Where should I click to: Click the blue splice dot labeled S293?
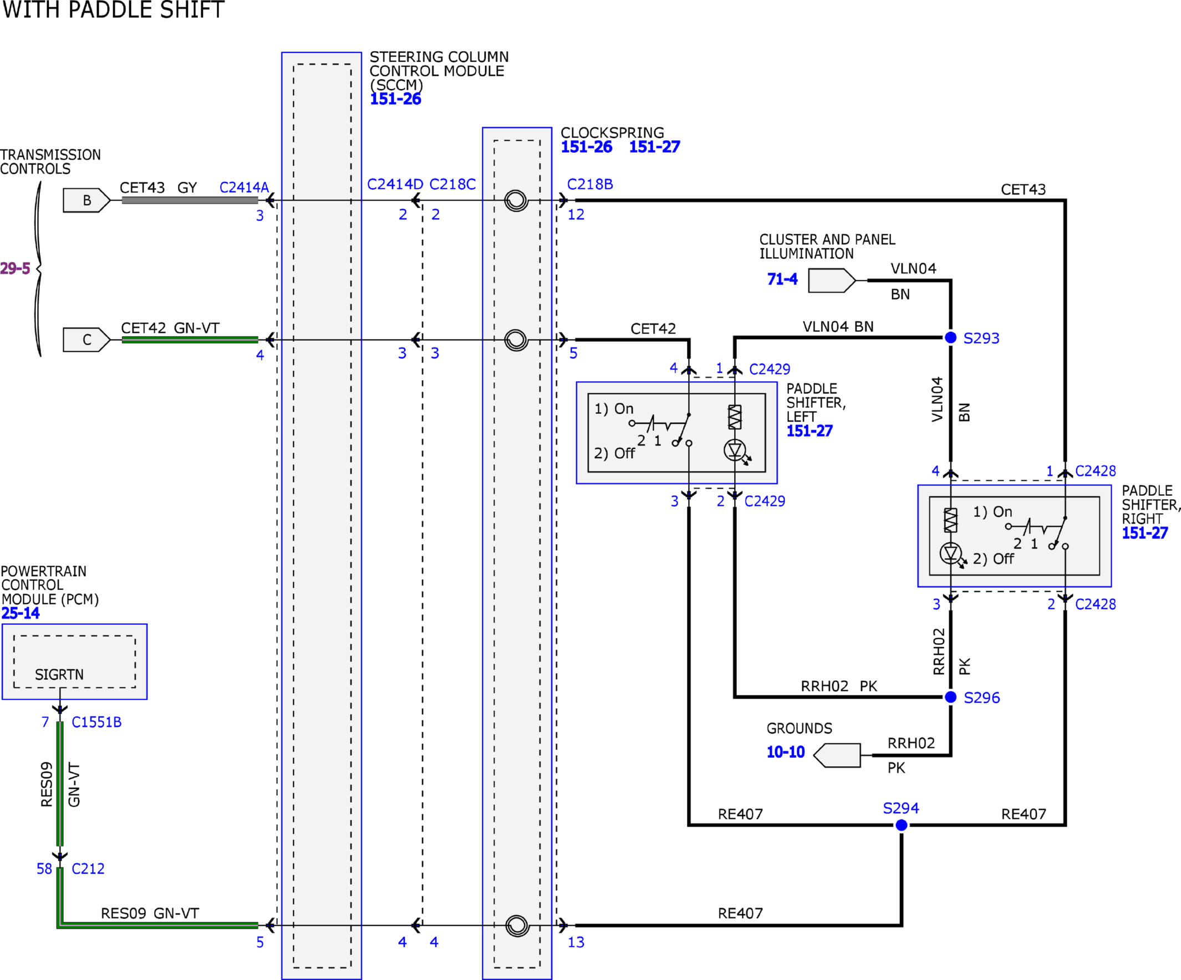coord(950,337)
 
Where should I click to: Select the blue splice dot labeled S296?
coord(950,697)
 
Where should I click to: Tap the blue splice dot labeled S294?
coord(901,825)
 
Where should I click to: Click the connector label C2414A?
coord(244,187)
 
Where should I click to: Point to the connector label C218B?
coord(590,184)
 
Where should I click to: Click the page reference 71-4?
coord(782,279)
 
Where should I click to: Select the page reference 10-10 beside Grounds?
coord(786,752)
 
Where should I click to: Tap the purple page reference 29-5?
coord(14,268)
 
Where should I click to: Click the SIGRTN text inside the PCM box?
coord(59,674)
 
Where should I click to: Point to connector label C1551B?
coord(96,722)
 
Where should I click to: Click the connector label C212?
coord(88,869)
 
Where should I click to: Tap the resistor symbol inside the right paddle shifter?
coord(950,520)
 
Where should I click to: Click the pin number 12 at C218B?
coord(576,214)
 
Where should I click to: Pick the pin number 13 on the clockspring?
coord(576,942)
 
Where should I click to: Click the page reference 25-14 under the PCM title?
coord(21,613)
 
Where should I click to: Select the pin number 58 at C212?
coord(44,869)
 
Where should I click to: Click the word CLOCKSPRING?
coord(613,132)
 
